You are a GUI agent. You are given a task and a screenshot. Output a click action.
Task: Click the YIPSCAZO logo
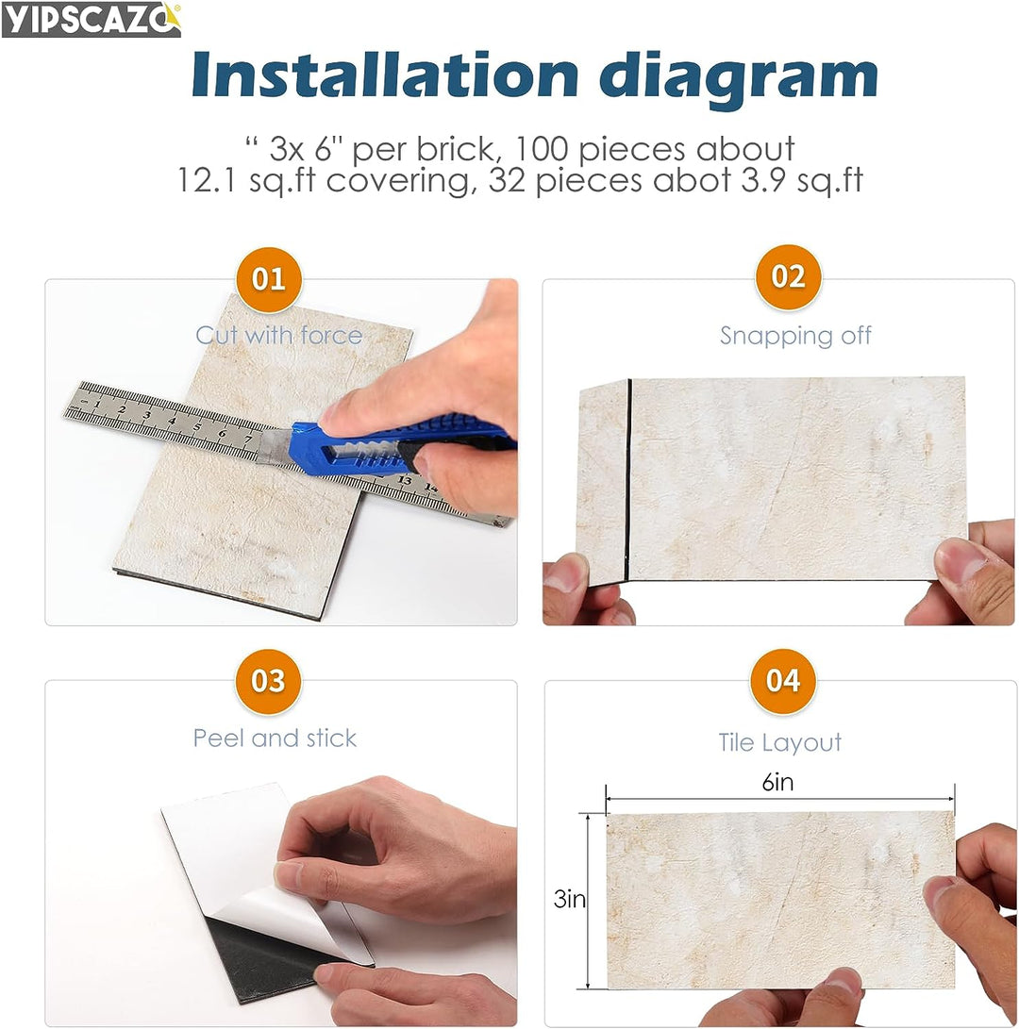(91, 19)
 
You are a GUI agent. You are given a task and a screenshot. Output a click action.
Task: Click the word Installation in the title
(383, 75)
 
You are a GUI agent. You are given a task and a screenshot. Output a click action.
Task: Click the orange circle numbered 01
(268, 279)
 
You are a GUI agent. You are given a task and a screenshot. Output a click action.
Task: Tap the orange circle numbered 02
(788, 277)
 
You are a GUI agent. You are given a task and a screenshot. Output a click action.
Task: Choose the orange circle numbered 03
(268, 681)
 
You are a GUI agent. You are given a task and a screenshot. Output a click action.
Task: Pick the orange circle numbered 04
(782, 681)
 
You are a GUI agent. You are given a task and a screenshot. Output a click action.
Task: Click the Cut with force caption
(278, 335)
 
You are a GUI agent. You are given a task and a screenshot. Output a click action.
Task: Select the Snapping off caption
(795, 336)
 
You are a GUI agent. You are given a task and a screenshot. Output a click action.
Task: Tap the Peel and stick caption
(275, 738)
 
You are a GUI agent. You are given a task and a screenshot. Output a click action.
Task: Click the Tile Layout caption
(779, 742)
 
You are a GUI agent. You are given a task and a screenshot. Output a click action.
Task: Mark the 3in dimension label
(569, 900)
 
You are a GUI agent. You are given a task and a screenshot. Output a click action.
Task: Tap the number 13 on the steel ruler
(405, 479)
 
